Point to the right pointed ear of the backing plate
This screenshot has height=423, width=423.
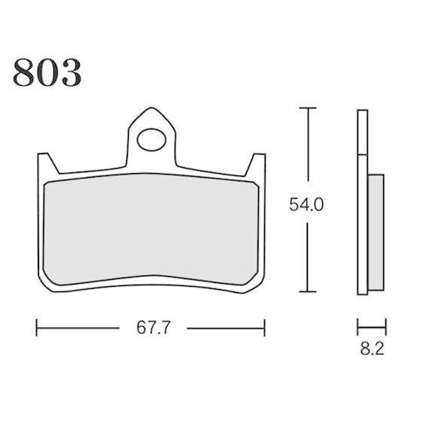point(257,160)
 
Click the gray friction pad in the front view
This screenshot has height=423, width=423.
point(151,230)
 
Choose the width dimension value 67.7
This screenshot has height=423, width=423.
point(151,328)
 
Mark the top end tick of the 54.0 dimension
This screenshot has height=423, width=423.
point(305,109)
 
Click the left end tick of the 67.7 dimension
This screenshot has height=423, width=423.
point(37,328)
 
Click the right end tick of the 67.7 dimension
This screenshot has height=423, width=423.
point(265,328)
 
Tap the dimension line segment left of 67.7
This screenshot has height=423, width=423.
point(75,328)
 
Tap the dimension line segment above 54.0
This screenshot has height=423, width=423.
point(305,151)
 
